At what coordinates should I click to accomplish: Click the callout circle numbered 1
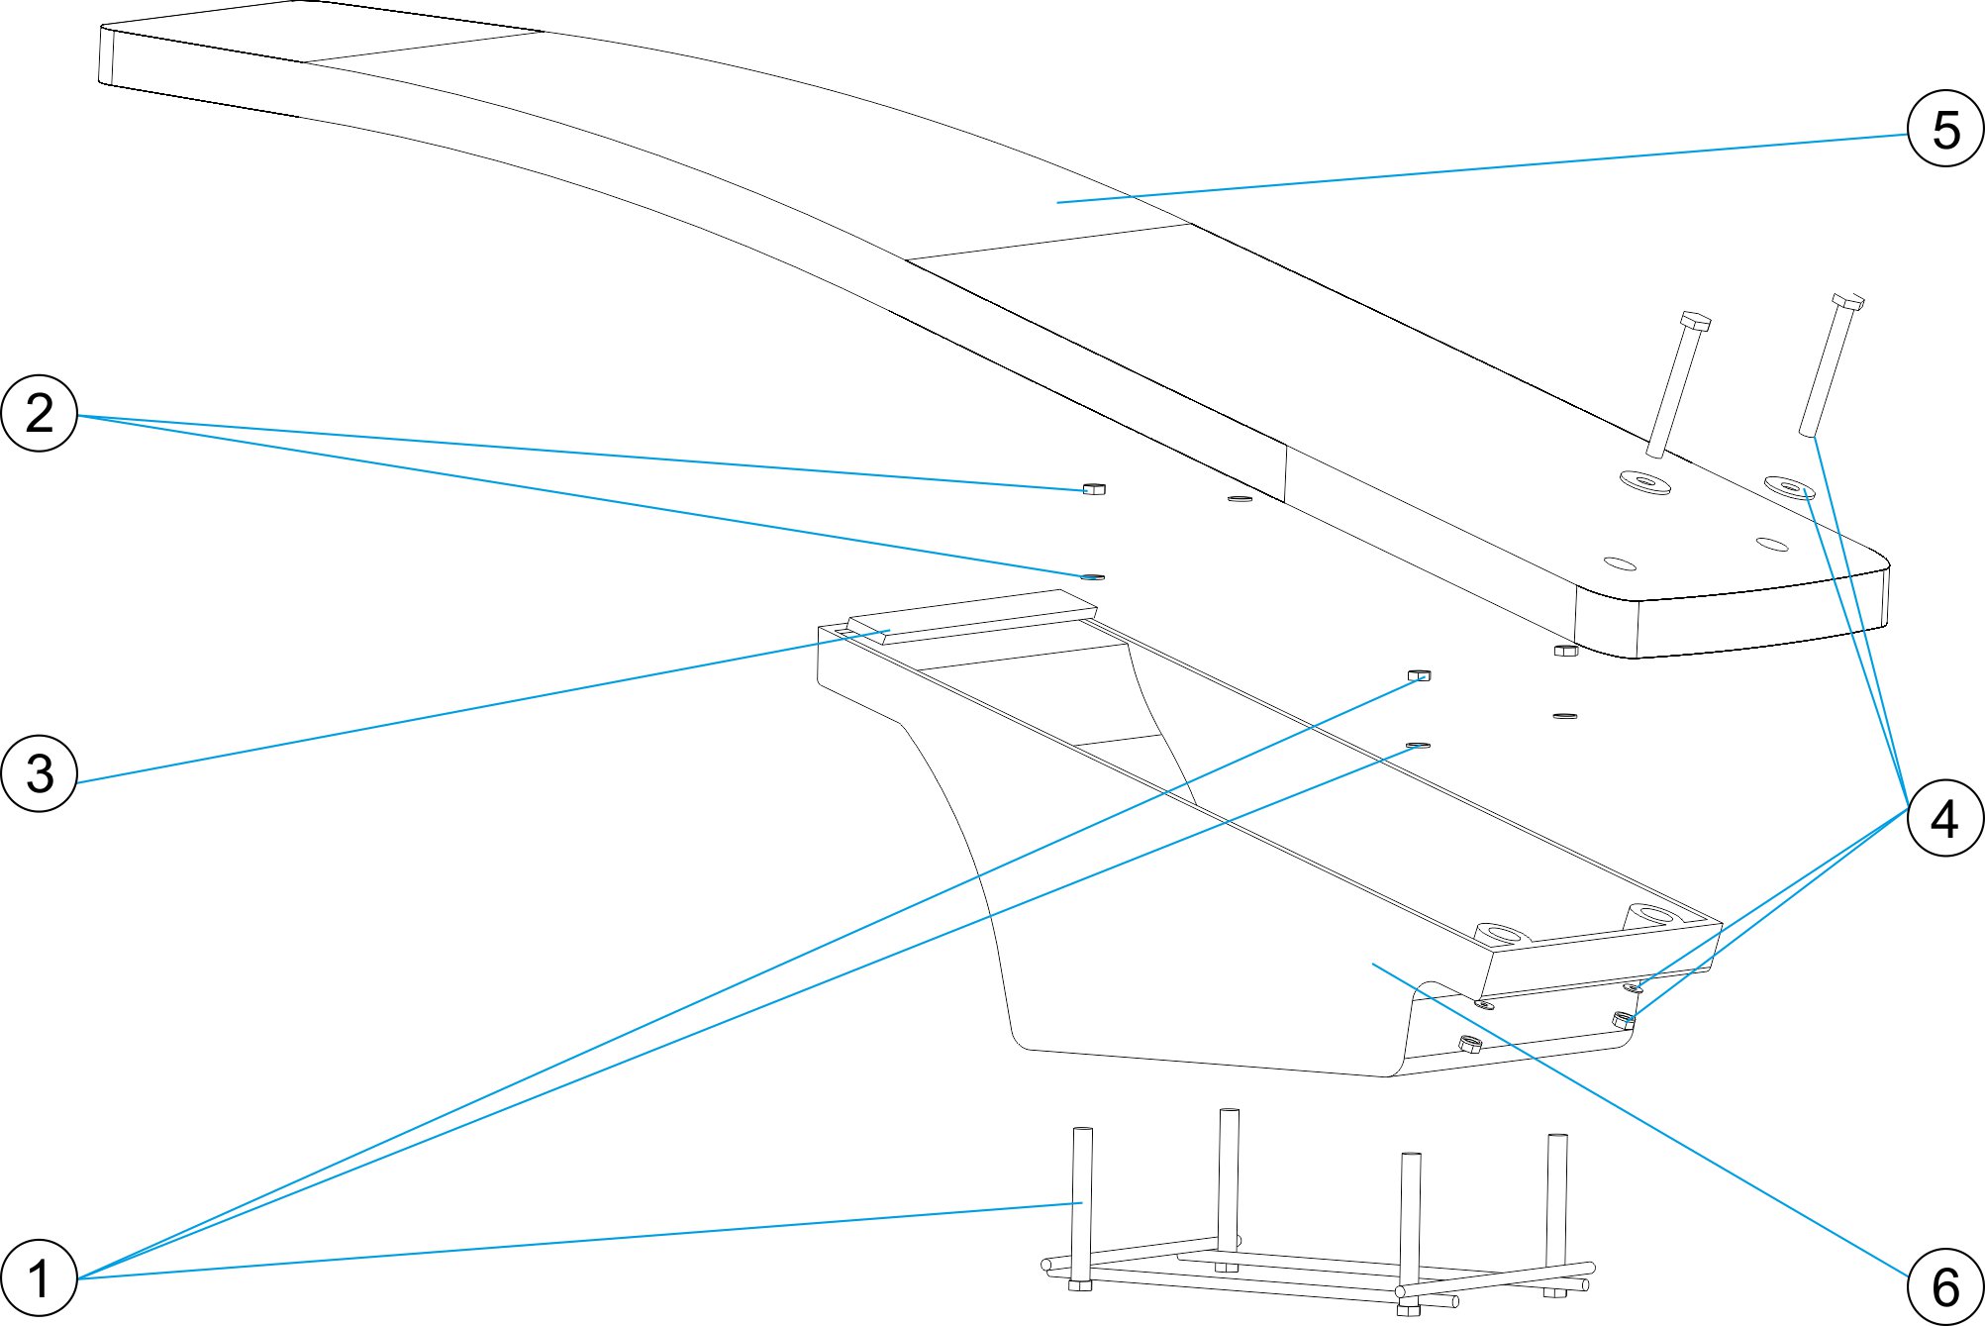click(40, 1277)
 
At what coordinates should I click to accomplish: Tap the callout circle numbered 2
click(40, 413)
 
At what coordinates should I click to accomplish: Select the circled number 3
click(40, 773)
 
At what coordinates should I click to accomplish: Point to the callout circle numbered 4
click(1945, 818)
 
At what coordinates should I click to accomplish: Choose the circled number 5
click(1945, 129)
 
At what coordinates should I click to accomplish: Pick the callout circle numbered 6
click(1945, 1286)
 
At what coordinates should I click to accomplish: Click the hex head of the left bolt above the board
click(1695, 321)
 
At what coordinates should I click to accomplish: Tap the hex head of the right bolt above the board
click(1847, 300)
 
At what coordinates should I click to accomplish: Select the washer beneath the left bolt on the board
click(1644, 482)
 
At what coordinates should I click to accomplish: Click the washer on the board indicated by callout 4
click(1790, 487)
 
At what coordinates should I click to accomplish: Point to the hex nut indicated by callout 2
click(1093, 488)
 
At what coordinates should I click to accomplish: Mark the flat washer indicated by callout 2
click(1092, 576)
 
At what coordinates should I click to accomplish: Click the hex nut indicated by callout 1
click(1419, 675)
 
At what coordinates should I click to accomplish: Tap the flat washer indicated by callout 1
click(1418, 744)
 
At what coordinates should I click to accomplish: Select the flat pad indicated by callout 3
click(970, 617)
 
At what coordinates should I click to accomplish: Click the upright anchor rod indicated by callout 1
click(1082, 1203)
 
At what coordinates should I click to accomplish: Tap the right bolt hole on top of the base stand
click(1648, 912)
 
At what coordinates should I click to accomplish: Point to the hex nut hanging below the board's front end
click(1565, 651)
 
